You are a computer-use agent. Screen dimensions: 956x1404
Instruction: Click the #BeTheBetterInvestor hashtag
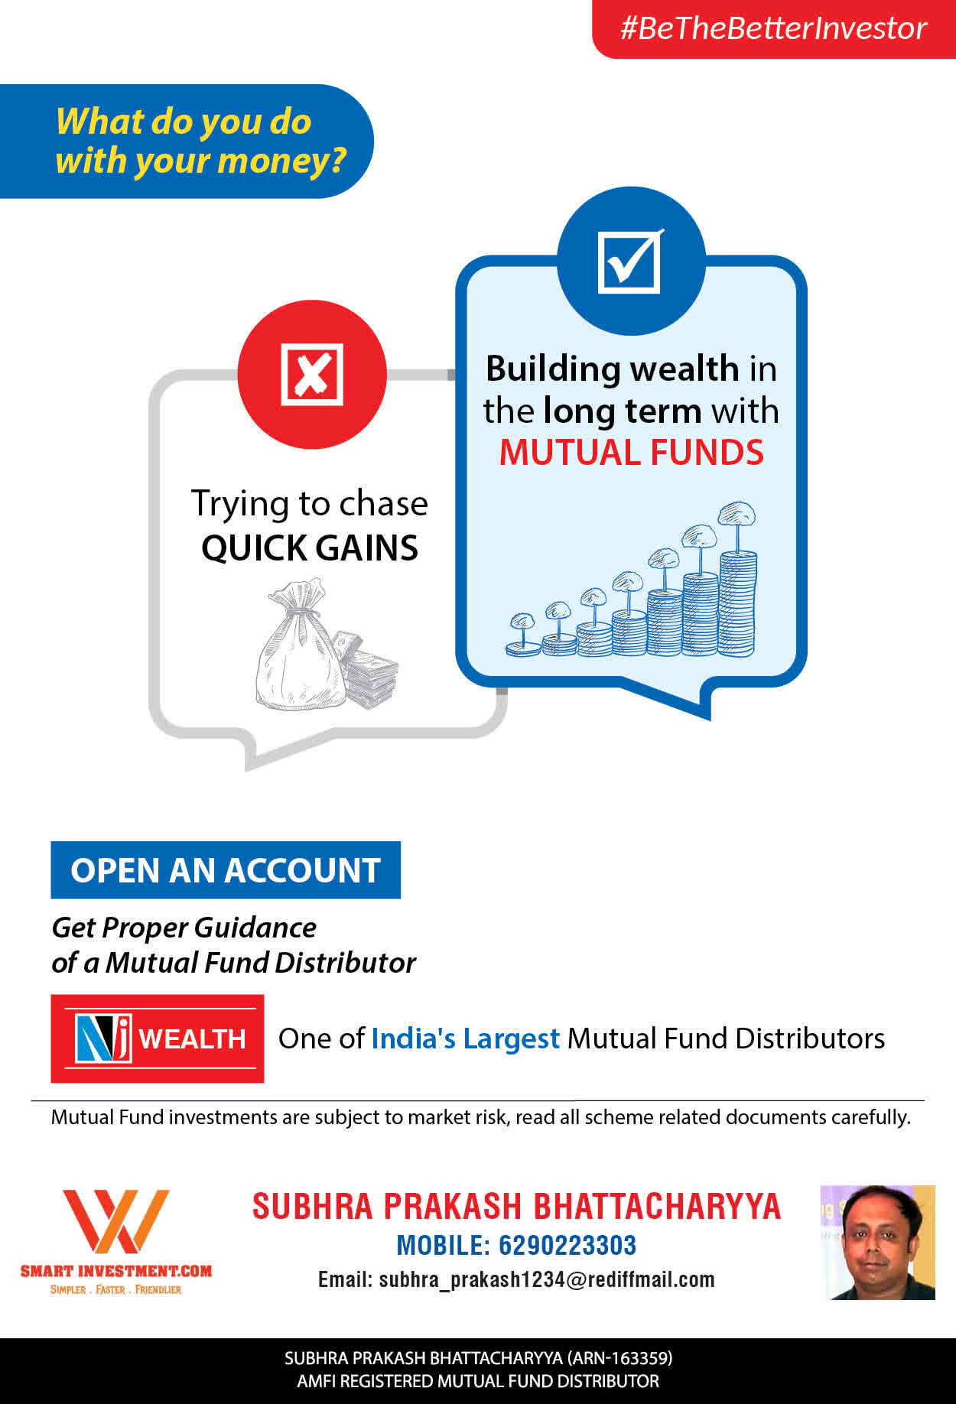coord(773,28)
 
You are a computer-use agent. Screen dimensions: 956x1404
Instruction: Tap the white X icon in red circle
coord(312,374)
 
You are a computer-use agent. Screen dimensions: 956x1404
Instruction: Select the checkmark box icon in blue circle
coord(630,262)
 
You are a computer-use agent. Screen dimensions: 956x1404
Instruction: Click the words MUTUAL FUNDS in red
coord(631,452)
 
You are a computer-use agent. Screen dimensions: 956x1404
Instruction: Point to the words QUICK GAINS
coord(310,548)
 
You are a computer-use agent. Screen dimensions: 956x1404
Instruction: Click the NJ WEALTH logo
coord(158,1038)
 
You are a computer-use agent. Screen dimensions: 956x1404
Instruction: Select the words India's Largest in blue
coord(465,1038)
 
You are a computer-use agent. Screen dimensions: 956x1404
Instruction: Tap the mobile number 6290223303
coord(567,1245)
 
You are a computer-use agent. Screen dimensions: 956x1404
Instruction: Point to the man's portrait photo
coord(877,1243)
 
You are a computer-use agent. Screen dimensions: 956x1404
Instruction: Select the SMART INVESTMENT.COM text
coord(116,1271)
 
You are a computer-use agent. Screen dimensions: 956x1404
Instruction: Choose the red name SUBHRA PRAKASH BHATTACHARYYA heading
coord(516,1206)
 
